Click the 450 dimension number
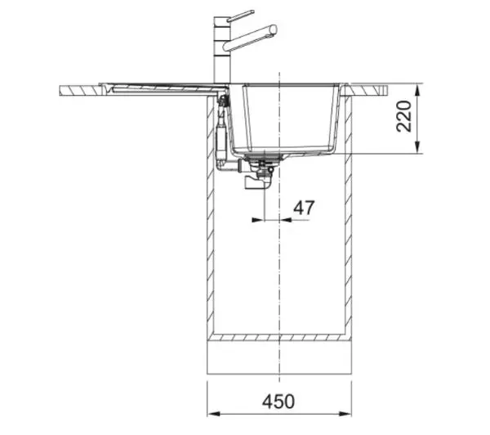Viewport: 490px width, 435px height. point(278,401)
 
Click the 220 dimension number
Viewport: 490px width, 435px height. point(403,116)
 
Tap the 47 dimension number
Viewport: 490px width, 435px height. point(304,208)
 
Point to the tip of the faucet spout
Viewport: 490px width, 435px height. point(274,29)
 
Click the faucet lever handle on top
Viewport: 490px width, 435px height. point(240,16)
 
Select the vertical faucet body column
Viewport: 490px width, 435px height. point(221,51)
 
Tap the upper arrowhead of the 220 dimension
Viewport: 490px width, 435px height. point(417,90)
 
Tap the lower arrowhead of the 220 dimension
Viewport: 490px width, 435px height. point(417,147)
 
